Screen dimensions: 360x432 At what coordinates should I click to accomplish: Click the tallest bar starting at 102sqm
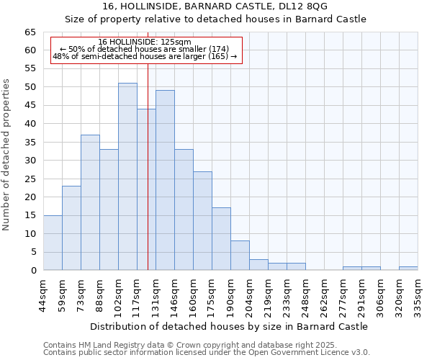127,176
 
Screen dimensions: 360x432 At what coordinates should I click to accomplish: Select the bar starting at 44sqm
53,243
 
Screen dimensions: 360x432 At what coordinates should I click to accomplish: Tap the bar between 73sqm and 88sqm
90,202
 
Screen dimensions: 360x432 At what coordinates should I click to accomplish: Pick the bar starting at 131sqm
165,180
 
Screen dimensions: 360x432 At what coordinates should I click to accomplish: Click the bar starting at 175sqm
221,239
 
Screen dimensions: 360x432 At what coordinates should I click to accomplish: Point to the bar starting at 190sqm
240,256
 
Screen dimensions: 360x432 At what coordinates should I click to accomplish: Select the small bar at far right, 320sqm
408,269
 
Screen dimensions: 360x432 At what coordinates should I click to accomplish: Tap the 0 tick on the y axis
32,271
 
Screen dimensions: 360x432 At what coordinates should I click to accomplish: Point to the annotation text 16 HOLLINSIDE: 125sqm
145,42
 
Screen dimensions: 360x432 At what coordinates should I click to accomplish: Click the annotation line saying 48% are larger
145,56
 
